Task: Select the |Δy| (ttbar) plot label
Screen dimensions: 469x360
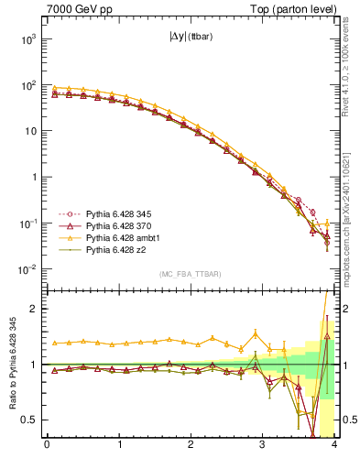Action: (x=191, y=38)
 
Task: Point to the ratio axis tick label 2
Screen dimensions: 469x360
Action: (x=33, y=309)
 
